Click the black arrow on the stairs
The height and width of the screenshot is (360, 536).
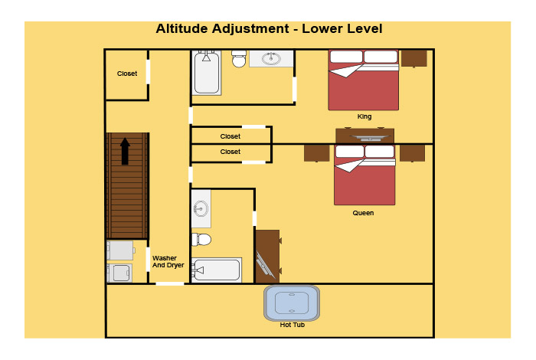(125, 151)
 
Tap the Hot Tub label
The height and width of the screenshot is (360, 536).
(293, 325)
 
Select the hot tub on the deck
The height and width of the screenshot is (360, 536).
(292, 303)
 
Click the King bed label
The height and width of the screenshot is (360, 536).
(364, 116)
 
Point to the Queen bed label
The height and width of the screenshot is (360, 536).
(364, 213)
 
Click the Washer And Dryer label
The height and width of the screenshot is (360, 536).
(168, 262)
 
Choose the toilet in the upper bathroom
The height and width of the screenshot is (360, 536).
(239, 58)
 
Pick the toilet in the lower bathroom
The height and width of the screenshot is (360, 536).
(201, 240)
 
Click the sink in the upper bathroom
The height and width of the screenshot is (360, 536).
(271, 58)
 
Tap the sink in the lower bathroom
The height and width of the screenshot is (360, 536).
(201, 208)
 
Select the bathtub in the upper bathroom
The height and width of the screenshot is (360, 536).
(207, 73)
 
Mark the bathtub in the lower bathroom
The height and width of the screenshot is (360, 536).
(217, 270)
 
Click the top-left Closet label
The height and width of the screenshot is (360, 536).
(127, 74)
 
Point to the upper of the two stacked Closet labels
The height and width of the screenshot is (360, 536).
(230, 136)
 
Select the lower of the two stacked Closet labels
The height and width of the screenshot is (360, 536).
(230, 152)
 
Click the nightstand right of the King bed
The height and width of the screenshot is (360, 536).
(414, 57)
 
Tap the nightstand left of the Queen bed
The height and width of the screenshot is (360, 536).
(316, 152)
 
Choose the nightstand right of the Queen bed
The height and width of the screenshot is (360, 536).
(412, 152)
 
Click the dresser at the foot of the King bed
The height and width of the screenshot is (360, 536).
(365, 136)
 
